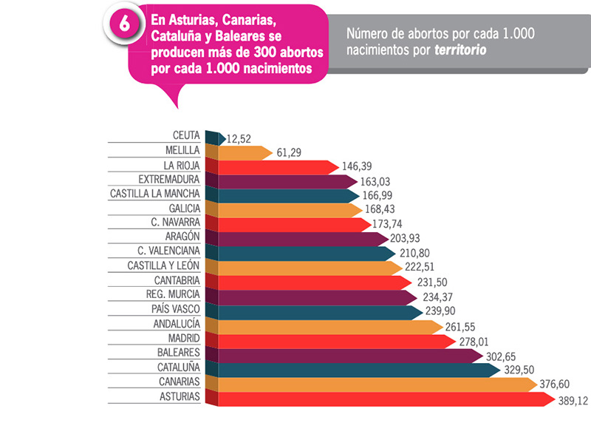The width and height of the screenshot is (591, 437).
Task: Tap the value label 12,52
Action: [241, 138]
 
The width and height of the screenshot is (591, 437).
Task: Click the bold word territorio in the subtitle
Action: [460, 50]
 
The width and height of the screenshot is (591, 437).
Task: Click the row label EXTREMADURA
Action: [169, 180]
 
